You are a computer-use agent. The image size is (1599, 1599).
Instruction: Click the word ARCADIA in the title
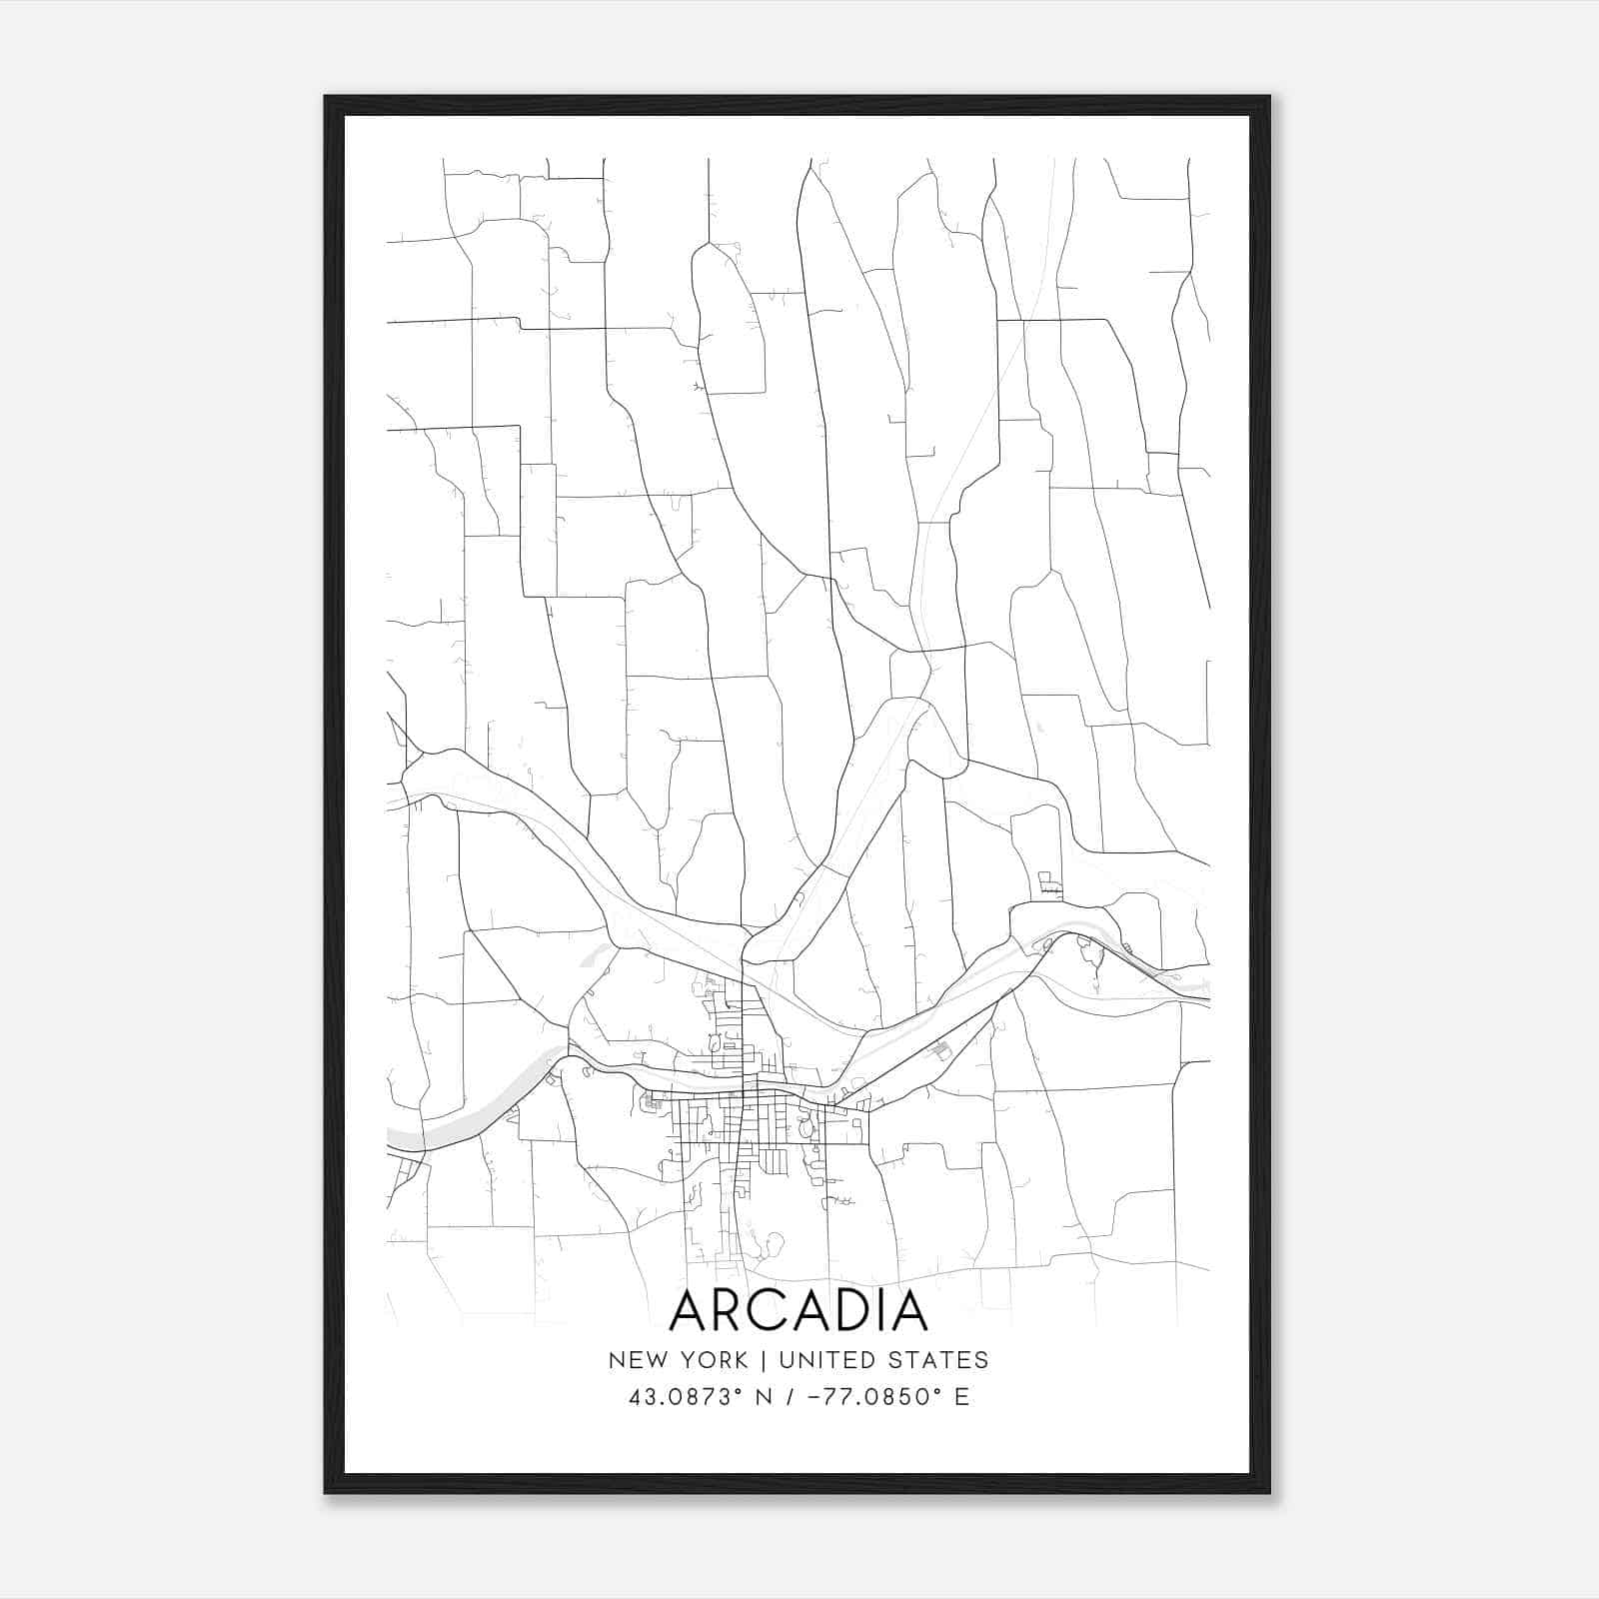(799, 1311)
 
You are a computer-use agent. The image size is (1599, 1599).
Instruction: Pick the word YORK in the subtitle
(712, 1360)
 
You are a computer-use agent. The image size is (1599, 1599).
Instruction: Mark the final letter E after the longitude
(961, 1397)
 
